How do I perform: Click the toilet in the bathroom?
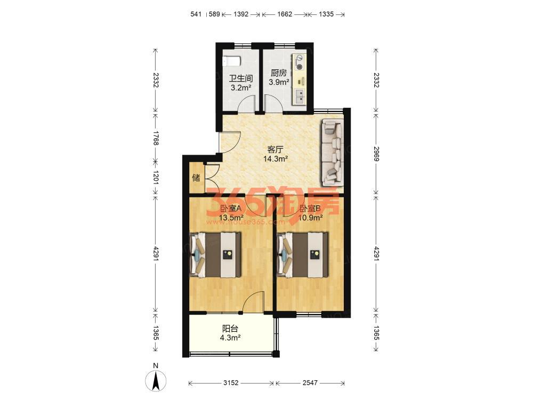(231, 61)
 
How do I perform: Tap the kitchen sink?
(300, 96)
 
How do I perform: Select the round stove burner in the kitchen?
(300, 67)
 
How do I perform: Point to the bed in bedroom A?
(215, 254)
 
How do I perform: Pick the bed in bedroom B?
(303, 254)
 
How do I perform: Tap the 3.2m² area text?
(241, 88)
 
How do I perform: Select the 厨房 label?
(279, 73)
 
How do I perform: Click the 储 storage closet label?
(196, 178)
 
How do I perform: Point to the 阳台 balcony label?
(230, 329)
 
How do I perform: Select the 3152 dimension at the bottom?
(230, 383)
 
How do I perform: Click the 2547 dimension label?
(310, 383)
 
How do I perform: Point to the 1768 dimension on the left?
(156, 138)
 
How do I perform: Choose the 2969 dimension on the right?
(376, 154)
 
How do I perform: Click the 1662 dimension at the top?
(285, 14)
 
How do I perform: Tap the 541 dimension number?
(196, 14)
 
